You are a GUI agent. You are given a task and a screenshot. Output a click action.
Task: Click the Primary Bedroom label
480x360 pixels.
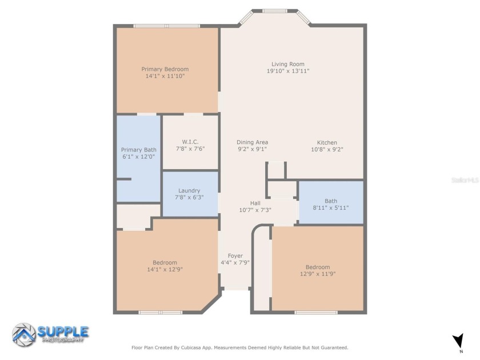point(165,69)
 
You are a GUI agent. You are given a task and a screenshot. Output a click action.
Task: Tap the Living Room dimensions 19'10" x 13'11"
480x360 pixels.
point(289,71)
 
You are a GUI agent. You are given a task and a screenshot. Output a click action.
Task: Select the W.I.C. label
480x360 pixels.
point(190,142)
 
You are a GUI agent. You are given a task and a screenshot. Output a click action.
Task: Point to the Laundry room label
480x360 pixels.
point(189,190)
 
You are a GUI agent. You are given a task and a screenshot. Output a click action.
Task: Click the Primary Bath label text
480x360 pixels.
point(138,150)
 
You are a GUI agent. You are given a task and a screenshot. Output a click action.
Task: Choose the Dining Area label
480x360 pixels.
point(252,142)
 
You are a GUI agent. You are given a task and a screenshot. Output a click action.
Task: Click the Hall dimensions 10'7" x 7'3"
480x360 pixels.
point(255,210)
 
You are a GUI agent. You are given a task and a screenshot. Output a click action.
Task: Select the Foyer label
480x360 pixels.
point(235,255)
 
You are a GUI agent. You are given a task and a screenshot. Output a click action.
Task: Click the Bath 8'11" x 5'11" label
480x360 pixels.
point(331,204)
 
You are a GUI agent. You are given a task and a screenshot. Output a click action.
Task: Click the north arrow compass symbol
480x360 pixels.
point(458,341)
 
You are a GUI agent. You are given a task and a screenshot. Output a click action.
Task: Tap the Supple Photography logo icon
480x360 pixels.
point(23,334)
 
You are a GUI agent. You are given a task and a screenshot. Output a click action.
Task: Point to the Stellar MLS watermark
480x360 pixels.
point(464,179)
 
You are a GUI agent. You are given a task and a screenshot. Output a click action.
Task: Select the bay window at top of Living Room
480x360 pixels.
point(275,10)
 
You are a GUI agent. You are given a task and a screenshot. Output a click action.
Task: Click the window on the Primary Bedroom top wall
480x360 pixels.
point(166,26)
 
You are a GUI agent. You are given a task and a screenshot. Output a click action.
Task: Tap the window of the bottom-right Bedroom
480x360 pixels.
point(316,313)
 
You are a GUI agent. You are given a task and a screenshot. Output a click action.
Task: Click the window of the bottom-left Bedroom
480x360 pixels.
point(161,313)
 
